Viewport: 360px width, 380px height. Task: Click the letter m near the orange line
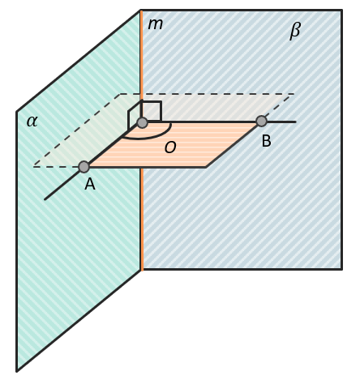click(x=156, y=24)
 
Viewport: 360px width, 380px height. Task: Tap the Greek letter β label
click(x=295, y=31)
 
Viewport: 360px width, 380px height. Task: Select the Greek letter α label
click(x=32, y=122)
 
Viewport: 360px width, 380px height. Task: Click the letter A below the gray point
click(x=90, y=185)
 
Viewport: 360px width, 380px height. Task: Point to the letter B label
click(x=267, y=141)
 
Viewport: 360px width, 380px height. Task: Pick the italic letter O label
click(x=170, y=147)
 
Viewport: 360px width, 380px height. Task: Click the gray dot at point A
click(x=84, y=167)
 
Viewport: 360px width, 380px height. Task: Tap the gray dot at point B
click(x=261, y=122)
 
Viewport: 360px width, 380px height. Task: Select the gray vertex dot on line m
click(x=143, y=122)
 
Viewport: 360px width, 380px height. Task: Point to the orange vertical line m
click(x=141, y=140)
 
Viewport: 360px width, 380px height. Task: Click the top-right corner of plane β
click(x=342, y=11)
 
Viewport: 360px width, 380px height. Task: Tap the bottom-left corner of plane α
click(x=17, y=371)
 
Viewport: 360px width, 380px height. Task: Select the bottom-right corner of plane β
click(x=342, y=269)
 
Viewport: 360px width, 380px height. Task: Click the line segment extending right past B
click(x=281, y=122)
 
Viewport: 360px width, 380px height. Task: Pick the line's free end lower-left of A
click(x=45, y=199)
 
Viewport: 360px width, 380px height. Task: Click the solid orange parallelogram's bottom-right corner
click(x=206, y=168)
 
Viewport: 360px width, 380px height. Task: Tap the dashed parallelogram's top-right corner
click(x=294, y=94)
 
